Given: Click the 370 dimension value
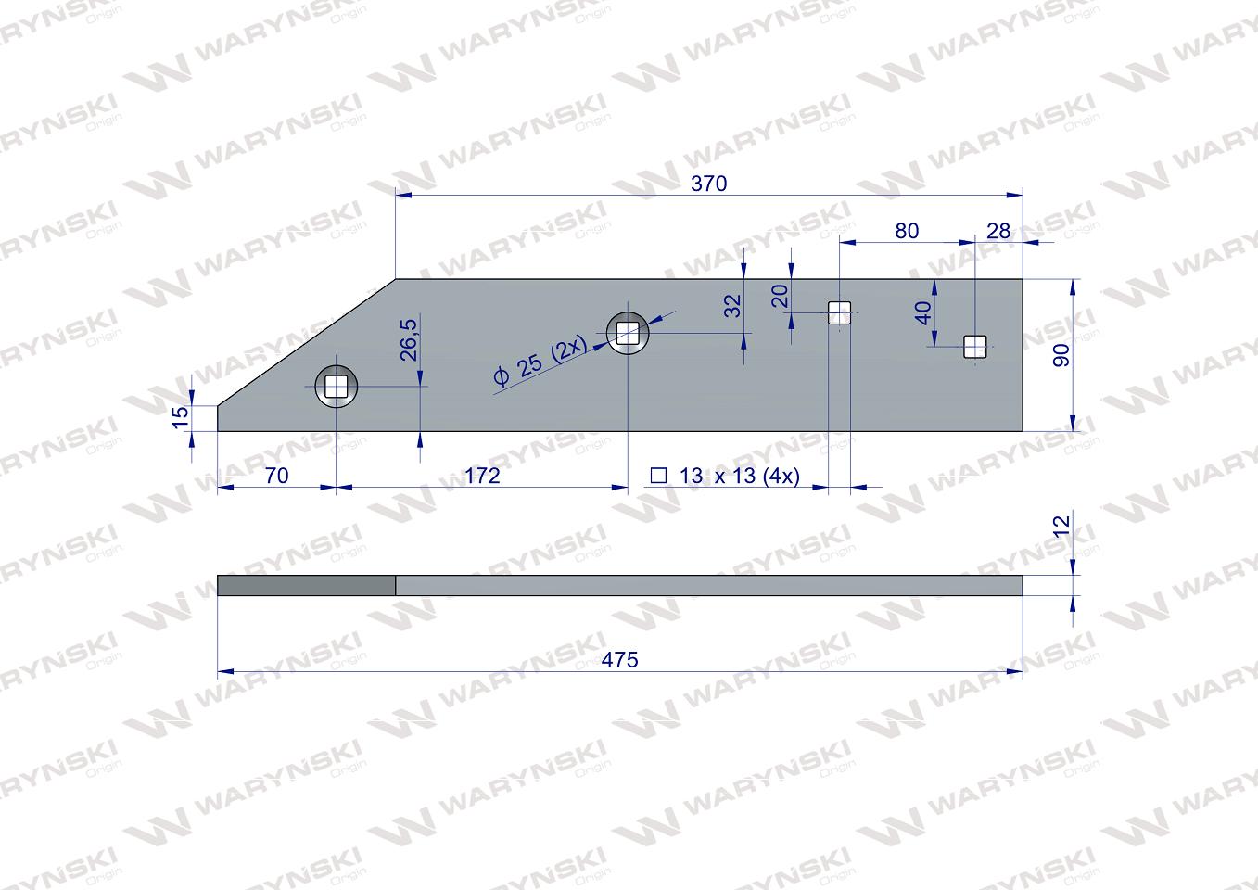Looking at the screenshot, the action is point(709,184).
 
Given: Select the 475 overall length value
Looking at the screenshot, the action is point(619,660).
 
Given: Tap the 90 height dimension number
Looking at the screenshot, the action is point(1061,355).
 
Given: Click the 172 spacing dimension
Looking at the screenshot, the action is point(482,476).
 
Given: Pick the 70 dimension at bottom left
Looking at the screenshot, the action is point(276,476).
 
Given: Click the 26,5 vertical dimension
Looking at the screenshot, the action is point(409,339).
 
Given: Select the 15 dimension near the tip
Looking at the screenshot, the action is point(180,417).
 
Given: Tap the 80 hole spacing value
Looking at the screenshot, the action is point(907,231).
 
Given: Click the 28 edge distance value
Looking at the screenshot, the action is point(998,231).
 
